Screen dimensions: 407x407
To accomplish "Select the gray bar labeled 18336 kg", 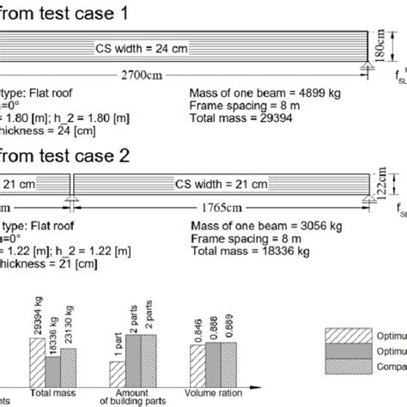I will tap(53, 367).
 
